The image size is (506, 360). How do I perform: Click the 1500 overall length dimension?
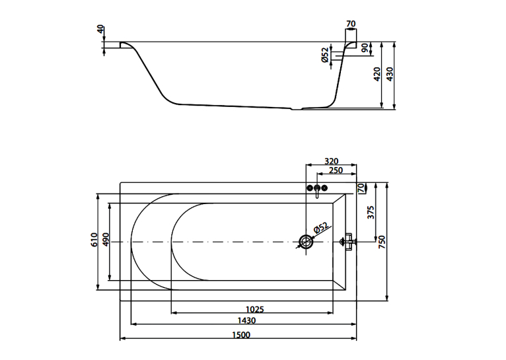[x=241, y=335]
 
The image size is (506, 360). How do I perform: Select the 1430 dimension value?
[x=246, y=320]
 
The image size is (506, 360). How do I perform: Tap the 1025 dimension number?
[x=254, y=309]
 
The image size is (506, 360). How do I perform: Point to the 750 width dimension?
[x=382, y=242]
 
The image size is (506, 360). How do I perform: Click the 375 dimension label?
[x=371, y=213]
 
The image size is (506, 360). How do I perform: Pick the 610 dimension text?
[x=94, y=239]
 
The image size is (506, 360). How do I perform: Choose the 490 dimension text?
[x=106, y=239]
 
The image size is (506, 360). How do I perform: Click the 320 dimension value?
[x=331, y=161]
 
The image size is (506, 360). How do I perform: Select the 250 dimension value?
[x=336, y=170]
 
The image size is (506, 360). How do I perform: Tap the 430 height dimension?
[x=390, y=74]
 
